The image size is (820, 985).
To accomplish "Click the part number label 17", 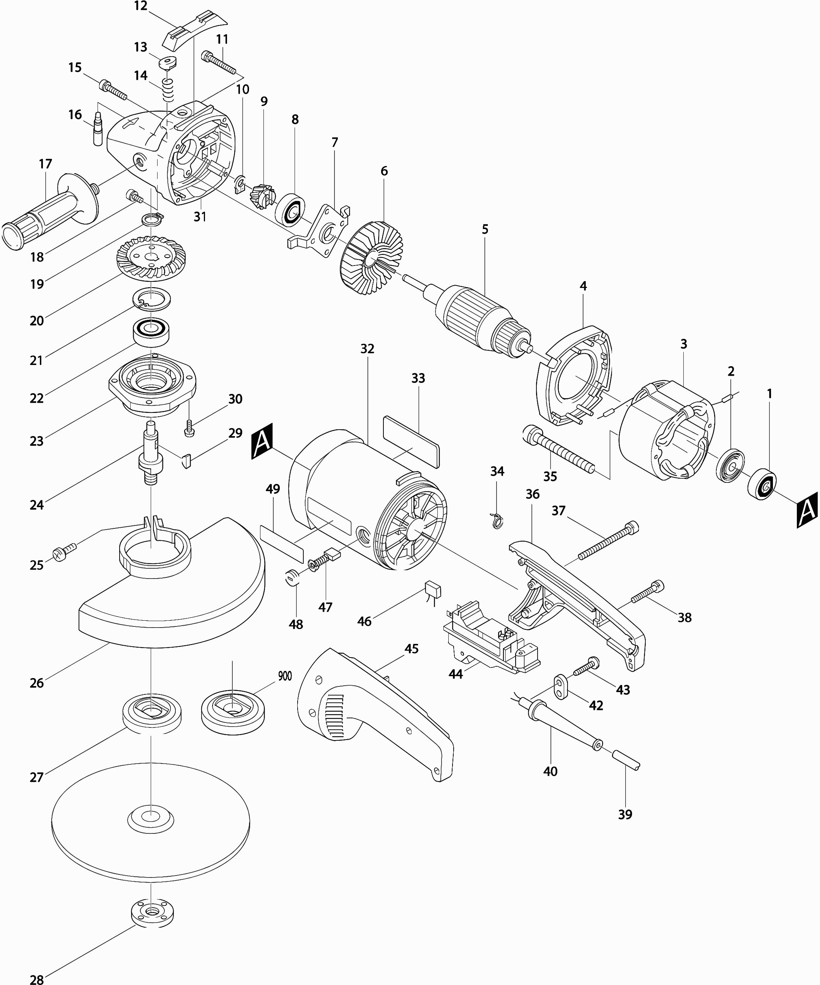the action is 46,164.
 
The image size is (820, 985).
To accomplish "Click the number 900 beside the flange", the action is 285,676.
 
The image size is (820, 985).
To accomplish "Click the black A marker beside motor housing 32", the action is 262,441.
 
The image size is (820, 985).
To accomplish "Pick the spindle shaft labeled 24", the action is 150,453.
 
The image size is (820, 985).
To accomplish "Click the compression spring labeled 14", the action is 168,90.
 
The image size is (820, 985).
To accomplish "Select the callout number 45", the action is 411,649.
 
